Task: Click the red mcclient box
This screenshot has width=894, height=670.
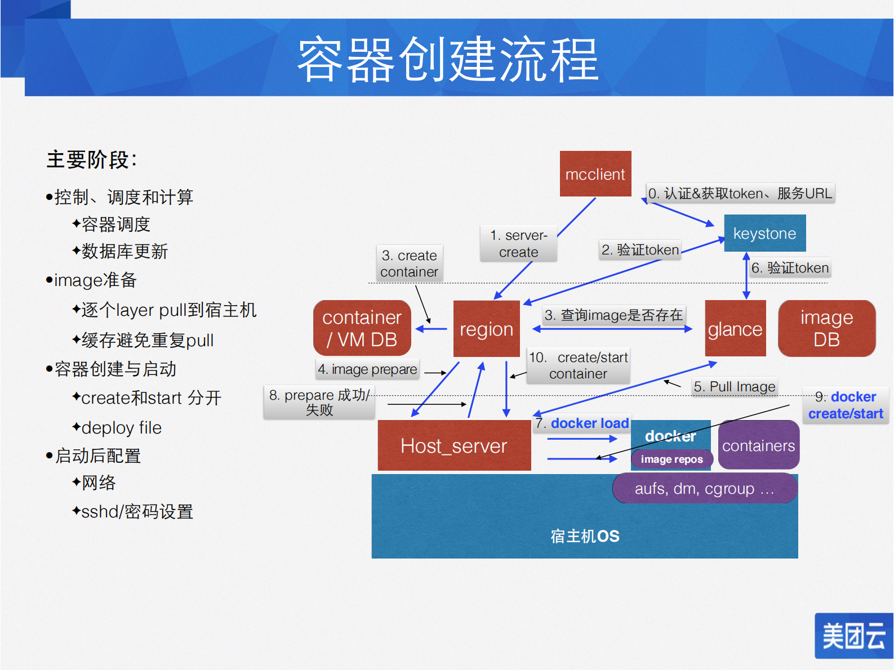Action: tap(595, 174)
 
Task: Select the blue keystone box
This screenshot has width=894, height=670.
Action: tap(764, 233)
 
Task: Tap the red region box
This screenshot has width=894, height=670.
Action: tap(486, 329)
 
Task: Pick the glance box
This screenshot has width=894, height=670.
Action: tap(735, 329)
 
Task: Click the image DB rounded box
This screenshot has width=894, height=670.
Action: tap(826, 329)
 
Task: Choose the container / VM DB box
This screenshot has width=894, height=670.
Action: tap(362, 328)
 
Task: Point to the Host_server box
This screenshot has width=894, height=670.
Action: tap(453, 446)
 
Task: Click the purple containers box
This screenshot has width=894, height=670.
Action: tap(758, 446)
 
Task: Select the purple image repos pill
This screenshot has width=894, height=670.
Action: tap(671, 459)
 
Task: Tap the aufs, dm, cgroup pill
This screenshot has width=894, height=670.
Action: tap(704, 489)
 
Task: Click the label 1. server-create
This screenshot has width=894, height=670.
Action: tap(518, 244)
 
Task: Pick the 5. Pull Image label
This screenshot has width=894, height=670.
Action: tap(734, 387)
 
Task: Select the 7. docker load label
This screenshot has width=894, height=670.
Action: tap(582, 423)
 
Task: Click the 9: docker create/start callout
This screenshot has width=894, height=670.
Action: tap(845, 405)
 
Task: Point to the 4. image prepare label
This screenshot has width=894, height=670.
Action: tap(367, 369)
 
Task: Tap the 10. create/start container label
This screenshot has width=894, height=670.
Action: tap(578, 365)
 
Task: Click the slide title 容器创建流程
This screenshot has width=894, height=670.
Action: tap(447, 59)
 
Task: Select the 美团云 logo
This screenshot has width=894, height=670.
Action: tap(853, 636)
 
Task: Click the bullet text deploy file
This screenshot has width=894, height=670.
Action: tap(121, 428)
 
